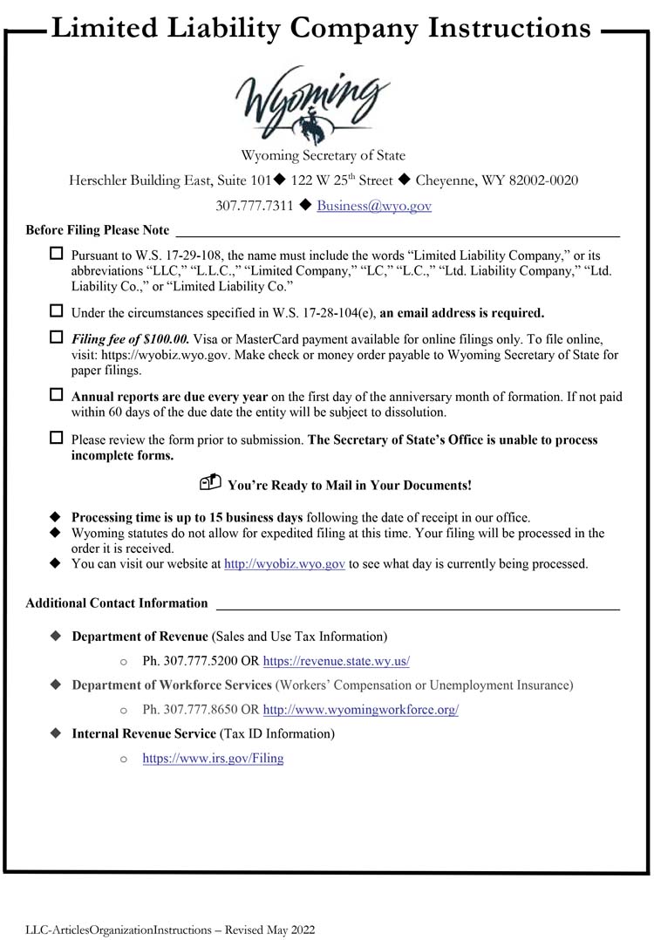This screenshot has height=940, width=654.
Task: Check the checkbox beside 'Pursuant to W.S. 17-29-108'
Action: [57, 254]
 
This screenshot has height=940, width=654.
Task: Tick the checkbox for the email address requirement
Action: [57, 311]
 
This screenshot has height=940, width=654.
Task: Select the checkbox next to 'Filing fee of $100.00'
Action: [57, 337]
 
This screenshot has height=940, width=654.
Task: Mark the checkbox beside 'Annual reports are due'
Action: [57, 395]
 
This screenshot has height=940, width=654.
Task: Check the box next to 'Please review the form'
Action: [57, 439]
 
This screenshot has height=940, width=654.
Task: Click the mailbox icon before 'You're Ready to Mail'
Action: [210, 483]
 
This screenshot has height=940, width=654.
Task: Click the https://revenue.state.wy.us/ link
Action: [337, 661]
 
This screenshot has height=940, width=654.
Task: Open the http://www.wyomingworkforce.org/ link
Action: [361, 710]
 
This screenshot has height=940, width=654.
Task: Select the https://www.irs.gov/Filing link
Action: [214, 759]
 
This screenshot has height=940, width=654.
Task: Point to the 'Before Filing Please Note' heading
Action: [98, 230]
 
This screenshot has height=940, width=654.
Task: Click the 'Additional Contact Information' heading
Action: [117, 603]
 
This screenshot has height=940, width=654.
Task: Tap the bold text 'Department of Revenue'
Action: [140, 637]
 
